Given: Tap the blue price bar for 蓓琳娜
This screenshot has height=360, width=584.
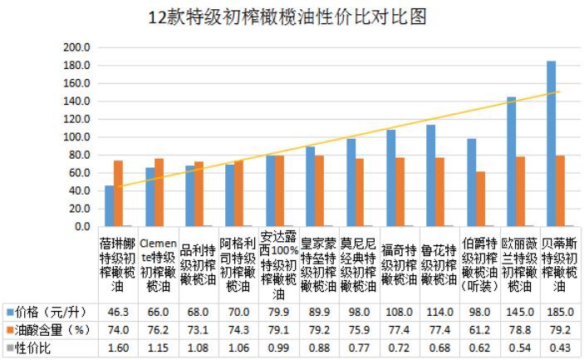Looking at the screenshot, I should tap(110, 206).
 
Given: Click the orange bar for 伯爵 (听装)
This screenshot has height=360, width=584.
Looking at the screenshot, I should tap(481, 199).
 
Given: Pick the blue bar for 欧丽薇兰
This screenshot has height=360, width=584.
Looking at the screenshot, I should tap(512, 161).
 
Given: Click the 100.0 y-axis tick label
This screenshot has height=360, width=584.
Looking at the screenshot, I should tap(76, 137).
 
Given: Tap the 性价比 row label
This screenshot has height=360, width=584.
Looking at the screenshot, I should tap(33, 348).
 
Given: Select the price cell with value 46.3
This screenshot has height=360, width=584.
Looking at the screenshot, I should tap(118, 312).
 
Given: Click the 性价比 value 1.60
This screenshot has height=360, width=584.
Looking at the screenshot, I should tap(118, 348).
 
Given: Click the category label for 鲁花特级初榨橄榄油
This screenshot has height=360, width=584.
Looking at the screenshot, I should tap(439, 265).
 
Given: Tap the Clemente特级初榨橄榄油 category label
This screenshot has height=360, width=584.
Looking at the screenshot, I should tap(158, 265).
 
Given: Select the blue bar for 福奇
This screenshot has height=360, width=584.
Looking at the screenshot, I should tap(391, 178).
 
